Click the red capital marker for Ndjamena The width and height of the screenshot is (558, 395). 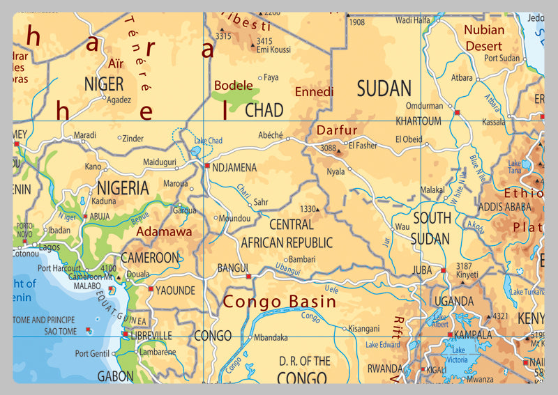point(206,166)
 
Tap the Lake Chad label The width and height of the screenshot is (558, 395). point(208,141)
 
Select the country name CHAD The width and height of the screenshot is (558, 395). point(264,110)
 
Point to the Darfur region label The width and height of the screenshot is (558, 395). point(337,130)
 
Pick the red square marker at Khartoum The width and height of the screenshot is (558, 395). point(457,112)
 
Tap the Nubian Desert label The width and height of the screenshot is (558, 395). point(484,38)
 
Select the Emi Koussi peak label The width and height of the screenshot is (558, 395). point(273,49)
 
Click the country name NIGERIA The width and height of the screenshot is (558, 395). point(123,188)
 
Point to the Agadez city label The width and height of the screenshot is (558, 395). point(118,100)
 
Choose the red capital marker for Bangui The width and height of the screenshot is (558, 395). point(248,277)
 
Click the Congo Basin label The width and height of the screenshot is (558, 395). point(279,302)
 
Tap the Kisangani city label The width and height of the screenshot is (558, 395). point(363,328)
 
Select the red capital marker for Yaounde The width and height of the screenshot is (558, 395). point(150,288)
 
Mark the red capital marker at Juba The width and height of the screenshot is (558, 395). point(443,270)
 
